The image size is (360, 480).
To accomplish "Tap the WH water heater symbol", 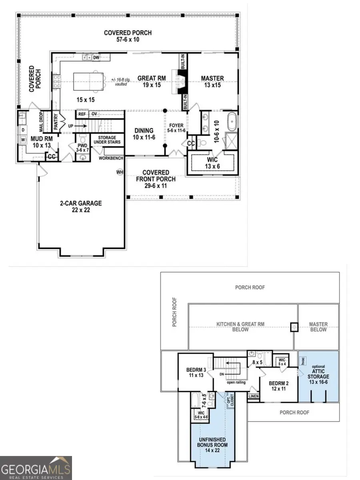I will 119,172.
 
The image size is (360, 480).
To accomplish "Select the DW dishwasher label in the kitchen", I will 96,58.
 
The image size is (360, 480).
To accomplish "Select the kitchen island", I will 87,82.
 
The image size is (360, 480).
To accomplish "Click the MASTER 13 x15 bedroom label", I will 212,82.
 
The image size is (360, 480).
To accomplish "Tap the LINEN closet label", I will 254,396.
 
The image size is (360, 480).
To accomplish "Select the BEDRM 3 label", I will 196,372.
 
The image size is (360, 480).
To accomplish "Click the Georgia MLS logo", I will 36,468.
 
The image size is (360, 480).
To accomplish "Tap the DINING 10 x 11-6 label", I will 144,134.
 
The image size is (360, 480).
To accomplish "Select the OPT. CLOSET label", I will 230,400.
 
